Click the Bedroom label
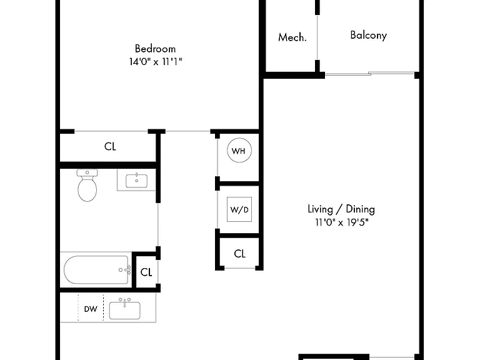pyautogui.click(x=155, y=49)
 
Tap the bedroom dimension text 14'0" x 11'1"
pyautogui.click(x=156, y=61)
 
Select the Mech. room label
pyautogui.click(x=292, y=37)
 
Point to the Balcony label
pyautogui.click(x=369, y=35)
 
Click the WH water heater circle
pyautogui.click(x=239, y=150)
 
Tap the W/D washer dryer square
pyautogui.click(x=239, y=209)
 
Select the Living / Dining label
pyautogui.click(x=341, y=209)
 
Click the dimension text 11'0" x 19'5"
pyautogui.click(x=342, y=222)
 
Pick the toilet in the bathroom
pyautogui.click(x=87, y=185)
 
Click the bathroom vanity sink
pyautogui.click(x=136, y=181)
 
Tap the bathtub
pyautogui.click(x=96, y=270)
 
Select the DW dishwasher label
pyautogui.click(x=91, y=309)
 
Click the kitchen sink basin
pyautogui.click(x=125, y=311)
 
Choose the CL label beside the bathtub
pyautogui.click(x=146, y=272)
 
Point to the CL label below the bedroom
pyautogui.click(x=110, y=146)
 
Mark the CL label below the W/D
pyautogui.click(x=240, y=254)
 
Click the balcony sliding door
pyautogui.click(x=370, y=74)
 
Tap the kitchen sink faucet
pyautogui.click(x=125, y=302)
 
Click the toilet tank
pyautogui.click(x=87, y=172)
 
